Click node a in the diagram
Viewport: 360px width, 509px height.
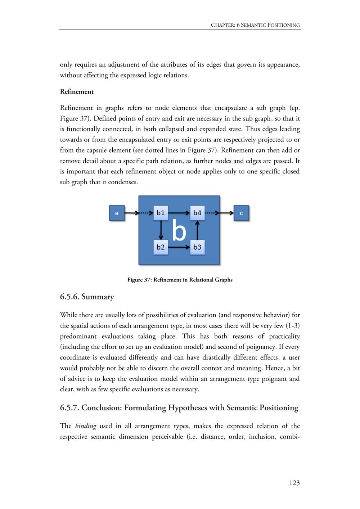(117, 213)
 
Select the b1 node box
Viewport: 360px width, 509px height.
(161, 213)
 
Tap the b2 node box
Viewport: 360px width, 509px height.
(161, 247)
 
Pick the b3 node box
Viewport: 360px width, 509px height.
(197, 247)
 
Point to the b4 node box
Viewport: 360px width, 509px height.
(197, 213)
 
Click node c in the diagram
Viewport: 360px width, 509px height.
(241, 213)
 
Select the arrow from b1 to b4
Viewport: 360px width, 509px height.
(179, 213)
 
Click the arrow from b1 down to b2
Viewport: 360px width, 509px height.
(161, 230)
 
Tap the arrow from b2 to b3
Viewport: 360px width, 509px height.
(179, 247)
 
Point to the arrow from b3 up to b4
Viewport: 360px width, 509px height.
(197, 230)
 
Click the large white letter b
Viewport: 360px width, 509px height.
(179, 230)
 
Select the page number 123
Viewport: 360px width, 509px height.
(294, 483)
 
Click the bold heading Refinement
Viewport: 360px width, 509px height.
(77, 92)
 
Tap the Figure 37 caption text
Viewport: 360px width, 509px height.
(180, 280)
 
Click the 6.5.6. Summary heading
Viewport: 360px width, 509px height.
(87, 297)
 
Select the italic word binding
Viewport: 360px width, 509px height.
(86, 426)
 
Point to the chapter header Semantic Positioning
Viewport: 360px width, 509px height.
(270, 25)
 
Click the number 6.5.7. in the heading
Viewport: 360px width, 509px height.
(69, 408)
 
